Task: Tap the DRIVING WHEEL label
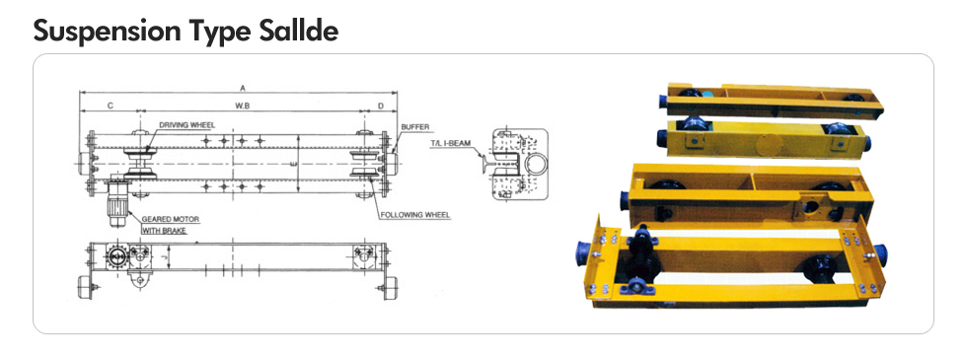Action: click(186, 125)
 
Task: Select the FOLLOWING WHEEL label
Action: click(415, 215)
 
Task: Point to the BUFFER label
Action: click(414, 127)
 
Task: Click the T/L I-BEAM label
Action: click(450, 143)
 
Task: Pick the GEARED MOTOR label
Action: click(171, 219)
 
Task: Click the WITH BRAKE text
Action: click(164, 231)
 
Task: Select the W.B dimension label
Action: click(243, 107)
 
